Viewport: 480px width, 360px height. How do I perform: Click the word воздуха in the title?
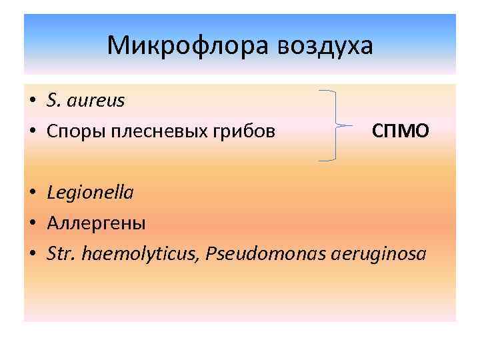(326, 46)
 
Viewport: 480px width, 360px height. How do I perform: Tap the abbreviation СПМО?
(400, 131)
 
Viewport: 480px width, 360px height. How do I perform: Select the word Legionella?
(90, 193)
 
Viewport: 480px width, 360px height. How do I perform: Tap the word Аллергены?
(96, 223)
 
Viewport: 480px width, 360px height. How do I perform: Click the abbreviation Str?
(60, 253)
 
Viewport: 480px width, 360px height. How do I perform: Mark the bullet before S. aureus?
(32, 101)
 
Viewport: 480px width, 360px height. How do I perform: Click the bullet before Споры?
(32, 132)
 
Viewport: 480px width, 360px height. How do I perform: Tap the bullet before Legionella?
(32, 193)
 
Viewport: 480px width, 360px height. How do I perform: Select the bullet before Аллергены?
(32, 223)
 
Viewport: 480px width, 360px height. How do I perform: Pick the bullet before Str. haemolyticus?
(32, 254)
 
